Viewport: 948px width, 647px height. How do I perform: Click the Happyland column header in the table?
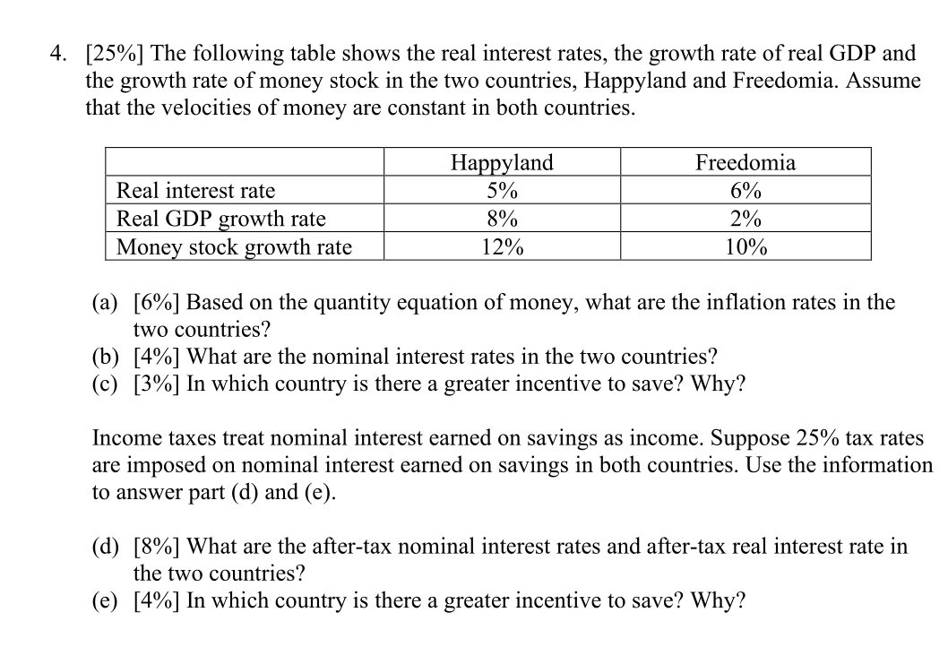(x=502, y=163)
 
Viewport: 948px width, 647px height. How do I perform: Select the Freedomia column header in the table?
(x=745, y=163)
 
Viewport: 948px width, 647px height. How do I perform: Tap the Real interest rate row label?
(x=197, y=191)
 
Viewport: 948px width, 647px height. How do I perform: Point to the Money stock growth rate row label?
(x=235, y=247)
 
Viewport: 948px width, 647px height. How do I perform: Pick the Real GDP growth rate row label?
(x=222, y=220)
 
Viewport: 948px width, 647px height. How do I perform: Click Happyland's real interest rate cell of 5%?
(x=502, y=191)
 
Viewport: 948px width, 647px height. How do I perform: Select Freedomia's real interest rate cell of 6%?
(x=745, y=191)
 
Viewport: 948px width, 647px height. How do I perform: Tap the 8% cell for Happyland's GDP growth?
(x=502, y=220)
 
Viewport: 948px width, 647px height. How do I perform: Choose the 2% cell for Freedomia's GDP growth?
(x=745, y=220)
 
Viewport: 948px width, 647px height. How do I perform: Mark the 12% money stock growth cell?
(x=502, y=247)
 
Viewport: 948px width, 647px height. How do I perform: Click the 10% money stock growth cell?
(x=745, y=247)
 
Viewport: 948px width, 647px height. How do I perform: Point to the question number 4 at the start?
(x=56, y=55)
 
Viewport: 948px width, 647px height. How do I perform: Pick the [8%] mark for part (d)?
(x=157, y=546)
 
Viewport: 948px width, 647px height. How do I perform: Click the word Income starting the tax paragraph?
(x=125, y=438)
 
